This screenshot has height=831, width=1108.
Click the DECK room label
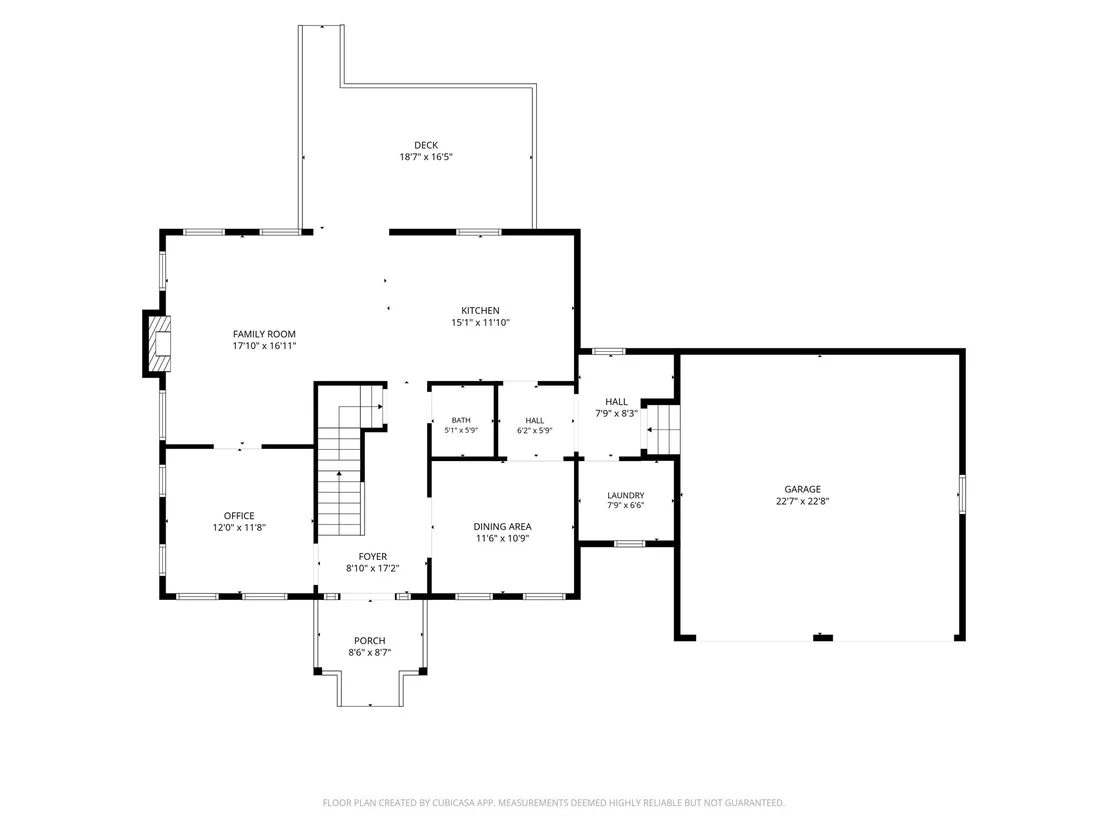click(425, 145)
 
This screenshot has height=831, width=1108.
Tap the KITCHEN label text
click(481, 310)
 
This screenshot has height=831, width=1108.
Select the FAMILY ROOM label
click(264, 334)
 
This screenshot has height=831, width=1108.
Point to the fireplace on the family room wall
click(158, 343)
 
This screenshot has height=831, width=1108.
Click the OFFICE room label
click(239, 515)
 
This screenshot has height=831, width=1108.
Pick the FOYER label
click(372, 556)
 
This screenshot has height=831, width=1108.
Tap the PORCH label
click(370, 640)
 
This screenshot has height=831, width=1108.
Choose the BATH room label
click(461, 420)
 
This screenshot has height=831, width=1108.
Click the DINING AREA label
click(502, 526)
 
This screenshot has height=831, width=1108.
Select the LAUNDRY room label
click(625, 495)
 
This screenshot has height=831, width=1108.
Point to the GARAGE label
click(803, 488)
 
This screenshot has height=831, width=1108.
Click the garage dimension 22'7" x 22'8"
click(803, 501)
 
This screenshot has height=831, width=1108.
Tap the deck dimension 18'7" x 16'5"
click(425, 157)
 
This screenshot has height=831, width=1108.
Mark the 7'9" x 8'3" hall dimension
click(616, 413)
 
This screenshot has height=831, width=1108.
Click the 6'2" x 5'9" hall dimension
click(534, 430)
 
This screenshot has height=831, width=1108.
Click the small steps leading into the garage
click(663, 428)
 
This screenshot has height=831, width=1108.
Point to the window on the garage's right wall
click(962, 493)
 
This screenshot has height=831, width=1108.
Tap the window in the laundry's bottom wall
click(629, 543)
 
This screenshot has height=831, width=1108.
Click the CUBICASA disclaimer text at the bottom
click(553, 803)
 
